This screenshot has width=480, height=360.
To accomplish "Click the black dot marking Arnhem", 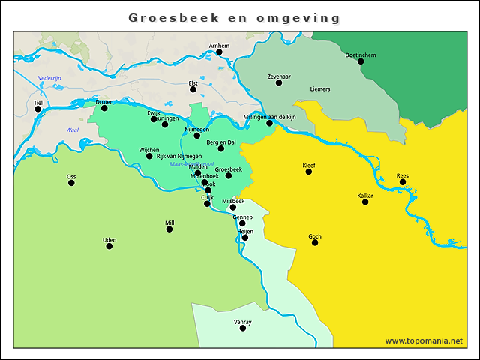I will coord(219,52).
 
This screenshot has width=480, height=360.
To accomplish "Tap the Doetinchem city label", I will coord(360,55).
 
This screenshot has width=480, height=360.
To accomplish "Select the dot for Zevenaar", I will coord(279,82).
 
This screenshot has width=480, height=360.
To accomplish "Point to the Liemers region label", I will coord(320,89).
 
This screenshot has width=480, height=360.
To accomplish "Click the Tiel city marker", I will coord(38,109).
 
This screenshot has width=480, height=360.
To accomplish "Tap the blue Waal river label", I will coord(73,130).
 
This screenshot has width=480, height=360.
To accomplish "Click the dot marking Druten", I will coord(104,108).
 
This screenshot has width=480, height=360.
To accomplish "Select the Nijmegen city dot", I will coord(197,136).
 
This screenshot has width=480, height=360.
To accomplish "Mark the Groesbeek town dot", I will coord(229,175).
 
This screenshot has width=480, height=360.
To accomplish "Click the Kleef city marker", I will coord(309,172).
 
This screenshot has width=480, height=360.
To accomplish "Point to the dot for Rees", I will coord(403,182).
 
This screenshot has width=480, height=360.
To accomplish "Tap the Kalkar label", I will coord(365,196).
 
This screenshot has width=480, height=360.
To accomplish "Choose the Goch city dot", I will coord(315,242).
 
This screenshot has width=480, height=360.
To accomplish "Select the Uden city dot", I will coord(109,246).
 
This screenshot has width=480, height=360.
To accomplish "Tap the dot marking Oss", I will coord(71,183).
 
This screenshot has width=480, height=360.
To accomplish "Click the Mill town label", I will coord(169,223).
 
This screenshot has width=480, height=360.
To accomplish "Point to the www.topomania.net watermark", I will coord(424,340).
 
